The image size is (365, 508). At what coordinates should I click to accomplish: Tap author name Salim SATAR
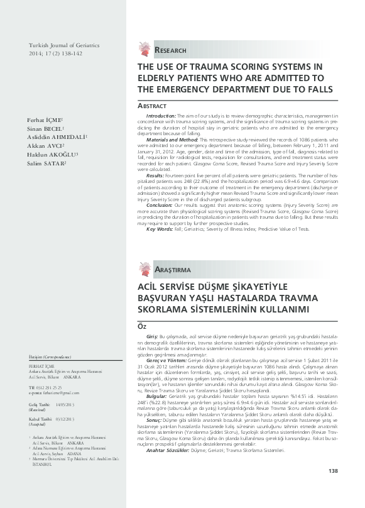(x=46, y=163)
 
